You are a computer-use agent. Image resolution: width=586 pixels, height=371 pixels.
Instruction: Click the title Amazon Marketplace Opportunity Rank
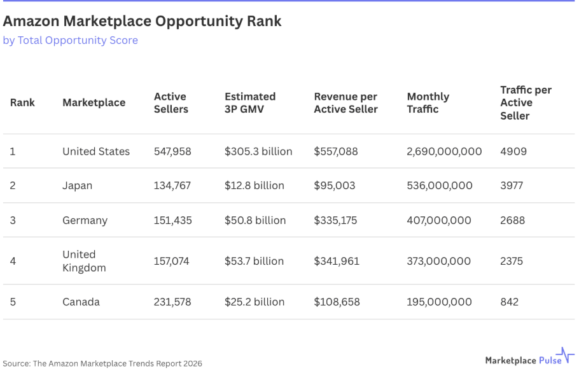[x=142, y=21]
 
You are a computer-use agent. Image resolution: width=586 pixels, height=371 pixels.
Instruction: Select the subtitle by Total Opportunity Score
[x=70, y=41]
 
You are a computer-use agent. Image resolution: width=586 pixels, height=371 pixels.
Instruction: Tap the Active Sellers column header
[x=171, y=102]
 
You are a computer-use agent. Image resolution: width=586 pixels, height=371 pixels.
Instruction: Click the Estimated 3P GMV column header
[x=250, y=102]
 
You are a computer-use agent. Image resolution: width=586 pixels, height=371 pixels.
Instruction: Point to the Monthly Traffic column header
[x=428, y=102]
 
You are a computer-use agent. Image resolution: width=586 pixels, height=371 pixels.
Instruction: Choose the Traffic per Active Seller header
[x=526, y=102]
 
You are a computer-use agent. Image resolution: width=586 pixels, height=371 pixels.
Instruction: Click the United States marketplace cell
[x=96, y=151]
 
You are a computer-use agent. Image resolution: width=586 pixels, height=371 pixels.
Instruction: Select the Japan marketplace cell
[x=77, y=186]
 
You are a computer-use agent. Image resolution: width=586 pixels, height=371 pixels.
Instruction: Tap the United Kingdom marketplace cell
[x=84, y=261]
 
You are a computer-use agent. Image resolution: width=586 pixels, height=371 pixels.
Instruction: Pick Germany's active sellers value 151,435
[x=172, y=220]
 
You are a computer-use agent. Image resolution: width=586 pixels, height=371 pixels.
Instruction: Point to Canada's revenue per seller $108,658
[x=337, y=302]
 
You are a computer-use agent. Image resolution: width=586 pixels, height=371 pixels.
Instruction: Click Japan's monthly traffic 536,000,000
[x=440, y=186]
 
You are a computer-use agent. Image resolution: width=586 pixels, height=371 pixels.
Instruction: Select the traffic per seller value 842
[x=509, y=302]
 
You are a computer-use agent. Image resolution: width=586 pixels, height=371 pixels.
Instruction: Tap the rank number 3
[x=13, y=220]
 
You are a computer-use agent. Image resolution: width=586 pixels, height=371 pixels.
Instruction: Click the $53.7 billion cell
[x=254, y=261]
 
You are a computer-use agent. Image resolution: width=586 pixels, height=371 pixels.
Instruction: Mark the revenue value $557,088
[x=336, y=151]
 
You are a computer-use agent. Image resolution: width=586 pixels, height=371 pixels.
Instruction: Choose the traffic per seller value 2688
[x=513, y=220]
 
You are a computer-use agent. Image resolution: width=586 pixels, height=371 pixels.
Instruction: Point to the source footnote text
[x=102, y=363]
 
